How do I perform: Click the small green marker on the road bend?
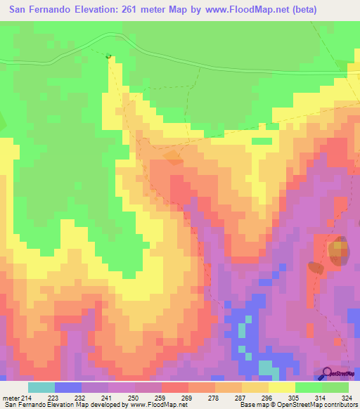[108, 56]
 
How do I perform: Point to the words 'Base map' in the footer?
[251, 405]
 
